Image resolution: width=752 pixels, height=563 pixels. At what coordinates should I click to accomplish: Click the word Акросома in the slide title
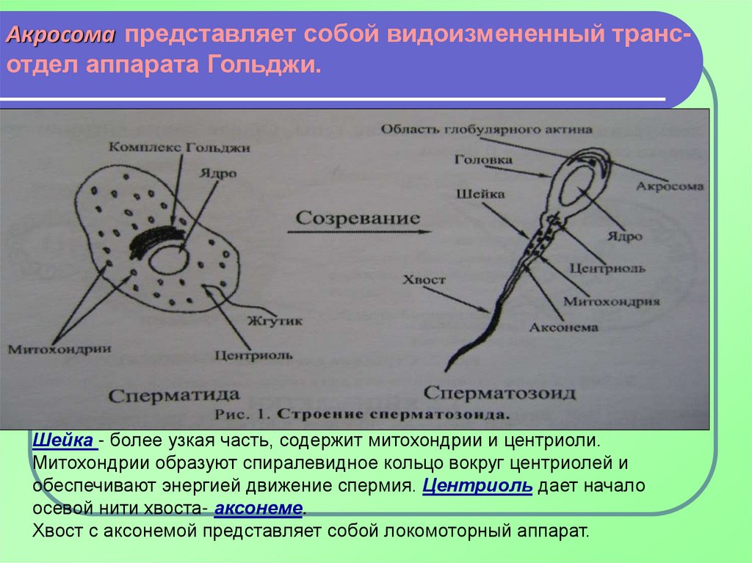point(62,35)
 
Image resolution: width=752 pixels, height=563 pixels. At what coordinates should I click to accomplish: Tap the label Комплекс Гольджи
point(179,148)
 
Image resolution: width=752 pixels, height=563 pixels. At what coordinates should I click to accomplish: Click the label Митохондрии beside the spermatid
point(59,349)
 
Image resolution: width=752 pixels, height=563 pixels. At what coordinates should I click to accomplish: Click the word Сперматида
point(173,396)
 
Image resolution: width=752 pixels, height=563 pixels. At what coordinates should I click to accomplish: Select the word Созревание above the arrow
point(358,218)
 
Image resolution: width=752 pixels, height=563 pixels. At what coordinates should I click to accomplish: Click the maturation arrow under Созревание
point(358,232)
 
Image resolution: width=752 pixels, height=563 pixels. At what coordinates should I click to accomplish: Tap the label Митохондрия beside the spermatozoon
point(611,301)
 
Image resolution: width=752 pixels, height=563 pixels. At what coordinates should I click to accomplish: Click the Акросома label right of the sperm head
point(669,186)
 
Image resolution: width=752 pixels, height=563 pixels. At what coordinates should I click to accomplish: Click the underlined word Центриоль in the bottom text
point(478,487)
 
